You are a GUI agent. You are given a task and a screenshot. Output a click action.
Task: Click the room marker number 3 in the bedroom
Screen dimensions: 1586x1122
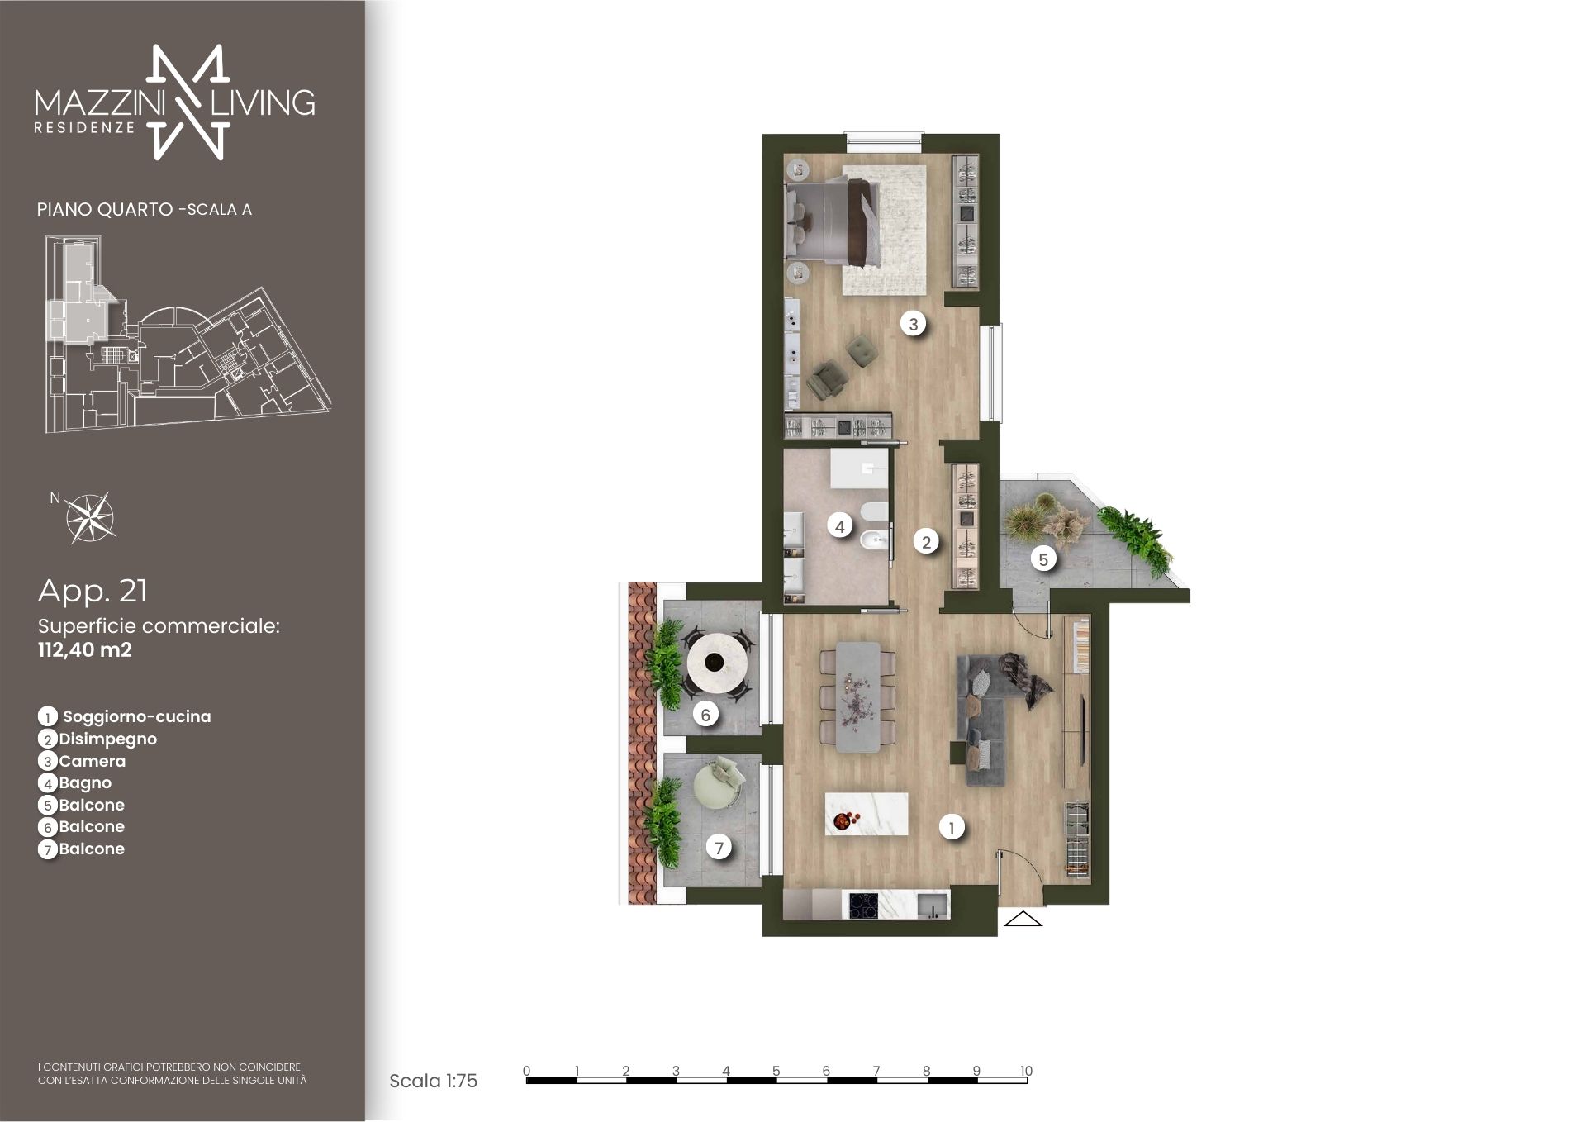click(x=913, y=324)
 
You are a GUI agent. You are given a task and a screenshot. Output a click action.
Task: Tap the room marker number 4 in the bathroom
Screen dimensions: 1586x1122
click(x=840, y=525)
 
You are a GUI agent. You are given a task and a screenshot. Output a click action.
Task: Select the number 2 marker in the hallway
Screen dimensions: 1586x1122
click(x=927, y=542)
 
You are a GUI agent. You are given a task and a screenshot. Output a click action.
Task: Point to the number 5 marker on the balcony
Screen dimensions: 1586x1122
click(x=1043, y=559)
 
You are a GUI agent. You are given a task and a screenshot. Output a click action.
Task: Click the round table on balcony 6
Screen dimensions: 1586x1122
click(x=718, y=662)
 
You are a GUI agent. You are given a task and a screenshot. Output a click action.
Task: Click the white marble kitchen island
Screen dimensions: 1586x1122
click(x=867, y=813)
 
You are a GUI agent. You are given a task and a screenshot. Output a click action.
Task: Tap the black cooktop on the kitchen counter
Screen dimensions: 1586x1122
click(x=862, y=904)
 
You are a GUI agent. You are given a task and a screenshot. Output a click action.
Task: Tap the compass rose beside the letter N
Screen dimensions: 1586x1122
click(x=90, y=517)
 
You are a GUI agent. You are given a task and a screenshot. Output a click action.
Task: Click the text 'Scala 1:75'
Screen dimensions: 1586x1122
click(x=433, y=1081)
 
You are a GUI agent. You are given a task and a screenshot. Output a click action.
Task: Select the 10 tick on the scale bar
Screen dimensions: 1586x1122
click(x=1026, y=1071)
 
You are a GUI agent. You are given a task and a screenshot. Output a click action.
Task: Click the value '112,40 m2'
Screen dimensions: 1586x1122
click(x=85, y=649)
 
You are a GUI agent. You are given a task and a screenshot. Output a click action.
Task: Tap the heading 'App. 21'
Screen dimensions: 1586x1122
click(x=93, y=591)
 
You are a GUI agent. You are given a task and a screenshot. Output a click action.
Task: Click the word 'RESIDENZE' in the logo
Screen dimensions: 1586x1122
click(x=85, y=128)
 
